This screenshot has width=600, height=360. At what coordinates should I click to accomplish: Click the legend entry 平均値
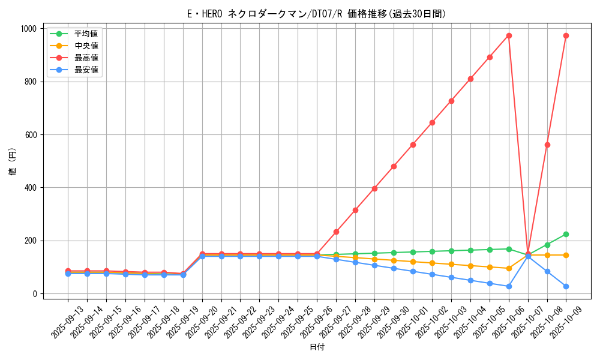pyautogui.click(x=86, y=34)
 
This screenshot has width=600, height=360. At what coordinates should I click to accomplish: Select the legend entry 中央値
pyautogui.click(x=86, y=46)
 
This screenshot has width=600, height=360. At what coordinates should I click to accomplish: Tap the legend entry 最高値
pyautogui.click(x=86, y=58)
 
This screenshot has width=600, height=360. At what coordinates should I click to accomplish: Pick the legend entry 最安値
pyautogui.click(x=86, y=70)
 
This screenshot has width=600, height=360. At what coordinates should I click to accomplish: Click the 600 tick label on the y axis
pyautogui.click(x=29, y=134)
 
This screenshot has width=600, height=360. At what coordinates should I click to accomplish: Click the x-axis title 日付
pyautogui.click(x=317, y=347)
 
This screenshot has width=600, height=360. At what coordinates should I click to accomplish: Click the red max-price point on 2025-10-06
pyautogui.click(x=509, y=35)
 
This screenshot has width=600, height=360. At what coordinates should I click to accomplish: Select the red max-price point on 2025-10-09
pyautogui.click(x=566, y=35)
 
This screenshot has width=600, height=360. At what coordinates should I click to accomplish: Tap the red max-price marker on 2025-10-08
pyautogui.click(x=547, y=145)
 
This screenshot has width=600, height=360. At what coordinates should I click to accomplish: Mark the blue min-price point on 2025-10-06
pyautogui.click(x=509, y=286)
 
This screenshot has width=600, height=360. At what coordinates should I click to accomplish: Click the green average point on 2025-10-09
pyautogui.click(x=566, y=234)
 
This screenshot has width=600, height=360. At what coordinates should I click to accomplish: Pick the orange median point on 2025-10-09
pyautogui.click(x=566, y=255)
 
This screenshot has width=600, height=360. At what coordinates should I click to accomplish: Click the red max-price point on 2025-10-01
pyautogui.click(x=413, y=145)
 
